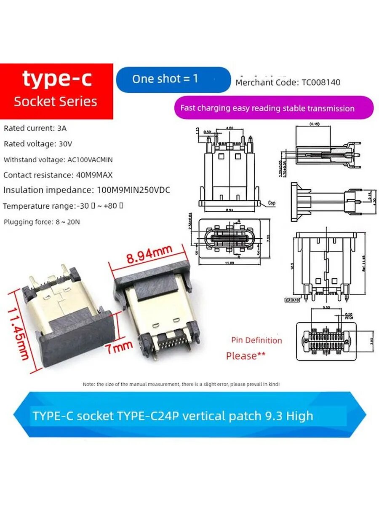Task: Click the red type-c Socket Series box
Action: coord(56,91)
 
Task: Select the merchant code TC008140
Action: coord(288,82)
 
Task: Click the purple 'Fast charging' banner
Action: coord(274,108)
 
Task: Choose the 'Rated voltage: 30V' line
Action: coord(38,144)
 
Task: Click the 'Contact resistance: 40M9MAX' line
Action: coord(58,175)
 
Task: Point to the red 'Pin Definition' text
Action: coord(256,340)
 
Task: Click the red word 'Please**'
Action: coord(246,356)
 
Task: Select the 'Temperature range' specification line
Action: coord(63,206)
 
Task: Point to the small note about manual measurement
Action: coord(181,384)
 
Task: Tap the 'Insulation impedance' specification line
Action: coord(86,190)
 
